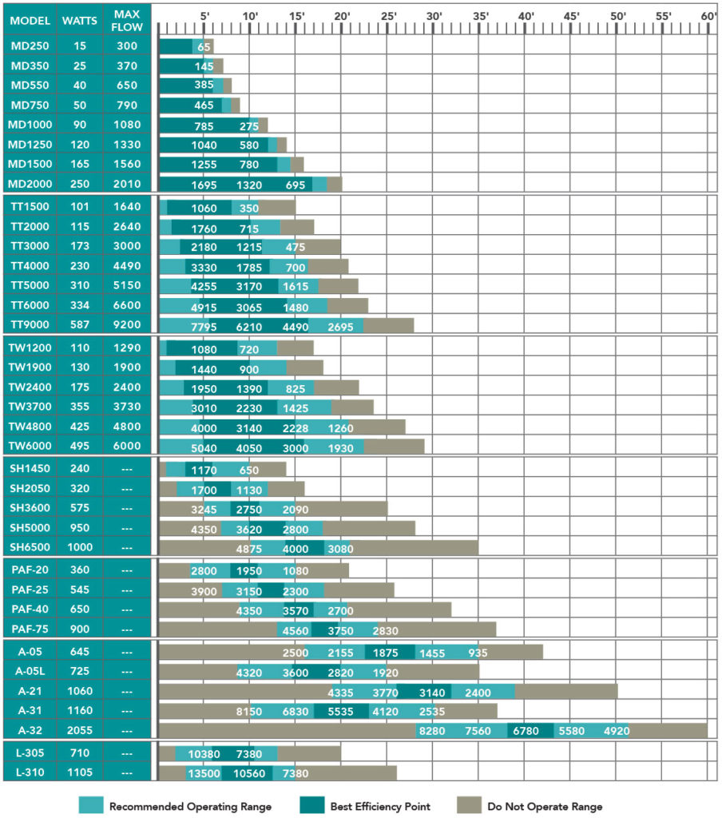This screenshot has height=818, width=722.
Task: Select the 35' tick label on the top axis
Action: click(480, 16)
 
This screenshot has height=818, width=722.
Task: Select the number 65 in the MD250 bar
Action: click(204, 47)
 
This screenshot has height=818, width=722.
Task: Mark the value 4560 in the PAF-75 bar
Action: click(295, 630)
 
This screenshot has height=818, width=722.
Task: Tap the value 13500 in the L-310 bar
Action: click(203, 774)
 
